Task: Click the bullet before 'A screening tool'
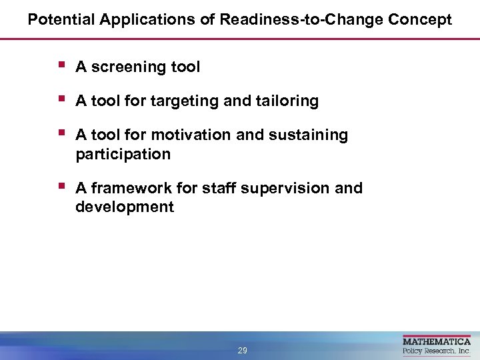61,65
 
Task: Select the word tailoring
285,101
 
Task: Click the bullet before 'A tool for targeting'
61,99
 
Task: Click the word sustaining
308,135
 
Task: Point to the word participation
123,155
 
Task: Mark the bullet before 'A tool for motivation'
61,133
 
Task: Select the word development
125,207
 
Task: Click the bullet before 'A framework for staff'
61,187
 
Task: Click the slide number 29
242,351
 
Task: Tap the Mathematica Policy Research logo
437,346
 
